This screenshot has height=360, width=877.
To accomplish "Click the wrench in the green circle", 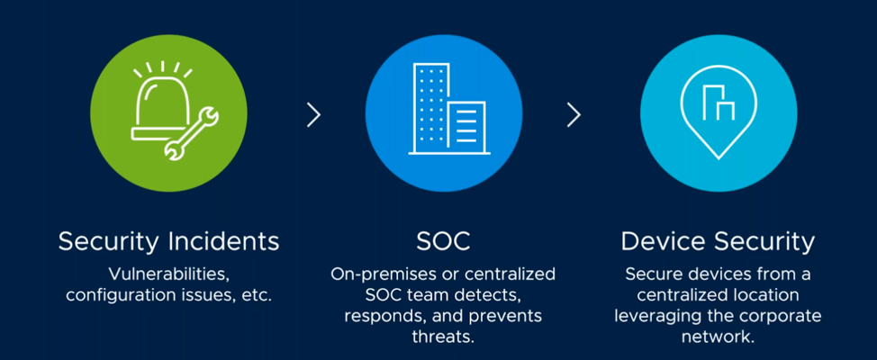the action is click(x=191, y=135).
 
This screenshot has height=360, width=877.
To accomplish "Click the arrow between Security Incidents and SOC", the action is click(x=313, y=115).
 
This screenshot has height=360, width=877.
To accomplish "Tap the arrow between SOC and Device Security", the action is click(x=574, y=115).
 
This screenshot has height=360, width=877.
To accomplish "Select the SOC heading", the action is click(x=443, y=241).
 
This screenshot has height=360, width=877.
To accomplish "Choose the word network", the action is click(x=719, y=337).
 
